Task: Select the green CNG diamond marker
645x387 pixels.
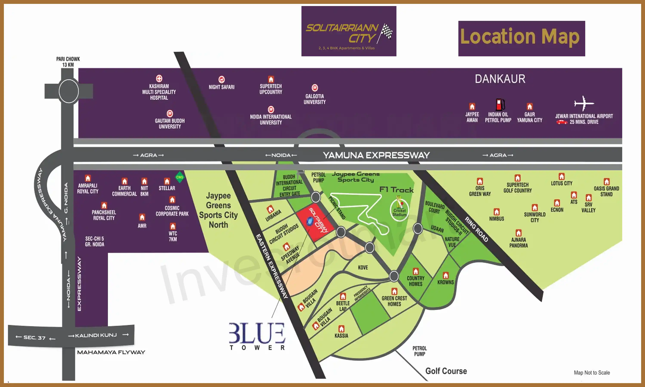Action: tap(180, 177)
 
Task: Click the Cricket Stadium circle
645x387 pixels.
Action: tap(399, 210)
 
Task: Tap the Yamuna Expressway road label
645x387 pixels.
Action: tap(376, 155)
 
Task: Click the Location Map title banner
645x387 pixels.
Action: tap(521, 38)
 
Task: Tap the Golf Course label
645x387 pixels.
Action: tap(446, 371)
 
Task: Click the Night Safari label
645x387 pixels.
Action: tap(222, 87)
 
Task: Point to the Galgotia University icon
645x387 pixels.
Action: tap(315, 88)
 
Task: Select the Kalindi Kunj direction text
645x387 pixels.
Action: tap(96, 335)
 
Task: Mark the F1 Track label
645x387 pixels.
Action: tap(396, 190)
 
